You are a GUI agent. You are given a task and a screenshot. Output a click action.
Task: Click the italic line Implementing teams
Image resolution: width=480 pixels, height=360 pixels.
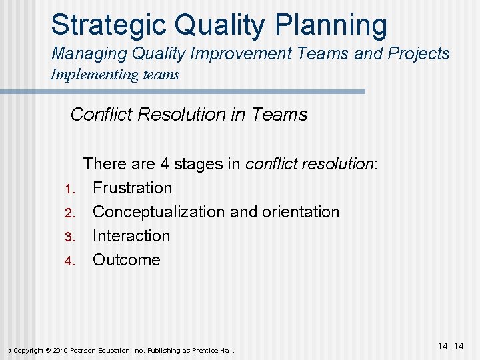[x=115, y=74]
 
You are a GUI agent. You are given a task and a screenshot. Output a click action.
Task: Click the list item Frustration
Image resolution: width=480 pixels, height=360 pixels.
[x=132, y=188]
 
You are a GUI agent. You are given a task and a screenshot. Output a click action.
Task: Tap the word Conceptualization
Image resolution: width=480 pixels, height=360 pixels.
[x=159, y=212]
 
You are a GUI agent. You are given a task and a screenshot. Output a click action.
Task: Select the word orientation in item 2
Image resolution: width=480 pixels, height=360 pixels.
[x=300, y=212]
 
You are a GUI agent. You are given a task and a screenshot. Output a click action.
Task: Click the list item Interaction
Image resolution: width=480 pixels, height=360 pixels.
[x=131, y=236]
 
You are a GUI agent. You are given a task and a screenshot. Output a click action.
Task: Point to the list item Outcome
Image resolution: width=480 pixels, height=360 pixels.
[x=127, y=260]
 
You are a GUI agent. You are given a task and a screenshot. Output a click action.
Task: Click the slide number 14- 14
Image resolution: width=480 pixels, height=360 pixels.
[x=451, y=346]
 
